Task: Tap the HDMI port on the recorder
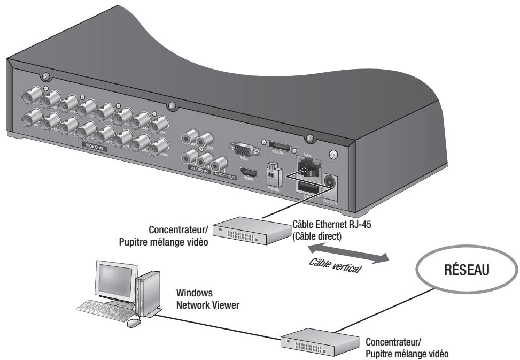coord(246,173)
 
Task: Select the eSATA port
coord(279,147)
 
